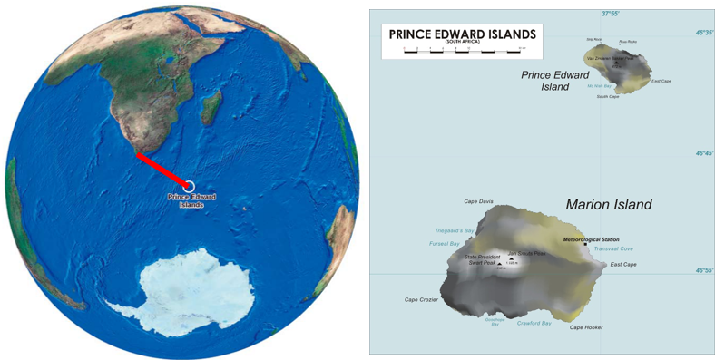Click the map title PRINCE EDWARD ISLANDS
tap(462, 34)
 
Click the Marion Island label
tap(608, 205)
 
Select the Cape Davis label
tap(478, 201)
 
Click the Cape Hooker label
tap(586, 327)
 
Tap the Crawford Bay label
tap(534, 323)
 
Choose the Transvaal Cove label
tap(613, 248)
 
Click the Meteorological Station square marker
tap(585, 245)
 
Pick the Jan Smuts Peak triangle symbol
tap(510, 261)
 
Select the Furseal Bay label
tap(446, 244)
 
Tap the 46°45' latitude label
tap(704, 153)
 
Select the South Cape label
tap(608, 96)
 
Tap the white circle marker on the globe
tap(190, 186)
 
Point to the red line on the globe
tap(162, 170)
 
